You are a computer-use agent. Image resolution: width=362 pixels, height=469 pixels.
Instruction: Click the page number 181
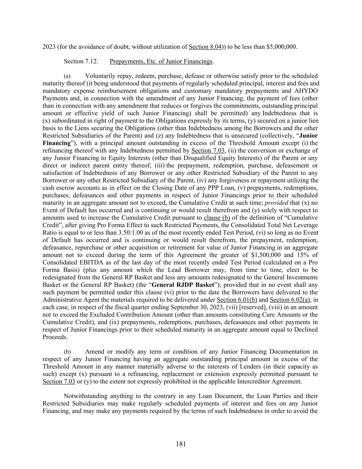(181, 444)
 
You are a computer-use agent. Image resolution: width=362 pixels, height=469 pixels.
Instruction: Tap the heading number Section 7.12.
(81, 62)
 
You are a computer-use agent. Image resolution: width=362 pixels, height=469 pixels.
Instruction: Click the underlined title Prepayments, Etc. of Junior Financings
(161, 62)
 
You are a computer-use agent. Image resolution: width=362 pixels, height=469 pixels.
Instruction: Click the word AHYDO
(306, 91)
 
